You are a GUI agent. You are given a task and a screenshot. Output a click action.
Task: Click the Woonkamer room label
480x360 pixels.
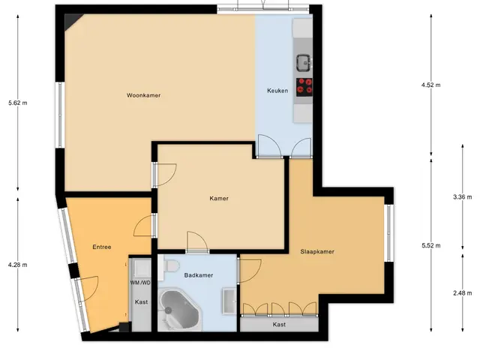tap(143, 95)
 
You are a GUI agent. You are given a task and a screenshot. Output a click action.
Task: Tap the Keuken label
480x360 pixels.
tap(277, 91)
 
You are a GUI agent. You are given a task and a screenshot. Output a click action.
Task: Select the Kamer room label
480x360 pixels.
tap(219, 198)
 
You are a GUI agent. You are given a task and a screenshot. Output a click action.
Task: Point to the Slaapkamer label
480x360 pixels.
tap(317, 252)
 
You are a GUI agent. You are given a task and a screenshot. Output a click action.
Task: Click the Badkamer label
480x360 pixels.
tap(199, 275)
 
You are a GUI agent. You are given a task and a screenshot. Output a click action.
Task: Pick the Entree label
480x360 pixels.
tap(102, 247)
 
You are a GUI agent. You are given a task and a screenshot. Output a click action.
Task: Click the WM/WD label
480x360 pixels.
tap(140, 283)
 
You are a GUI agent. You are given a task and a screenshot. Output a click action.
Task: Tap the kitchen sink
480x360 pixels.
tap(304, 63)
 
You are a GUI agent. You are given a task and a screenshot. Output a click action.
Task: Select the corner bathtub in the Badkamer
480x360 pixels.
tap(179, 310)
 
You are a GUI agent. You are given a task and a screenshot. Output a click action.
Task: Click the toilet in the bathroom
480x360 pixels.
tap(170, 265)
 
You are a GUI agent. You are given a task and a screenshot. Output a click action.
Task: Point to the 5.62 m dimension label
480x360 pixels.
tap(18, 103)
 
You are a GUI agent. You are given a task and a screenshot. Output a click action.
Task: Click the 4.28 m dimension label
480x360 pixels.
tap(18, 265)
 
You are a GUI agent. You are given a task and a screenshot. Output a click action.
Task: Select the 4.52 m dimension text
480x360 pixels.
tap(431, 85)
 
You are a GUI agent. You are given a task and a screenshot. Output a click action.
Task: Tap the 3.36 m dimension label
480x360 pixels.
tap(463, 197)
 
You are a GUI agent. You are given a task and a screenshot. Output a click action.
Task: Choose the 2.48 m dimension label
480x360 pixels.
tap(463, 293)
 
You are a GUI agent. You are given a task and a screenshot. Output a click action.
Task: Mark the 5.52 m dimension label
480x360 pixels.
tap(431, 245)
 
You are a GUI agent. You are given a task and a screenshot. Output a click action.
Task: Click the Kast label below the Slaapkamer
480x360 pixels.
tap(279, 325)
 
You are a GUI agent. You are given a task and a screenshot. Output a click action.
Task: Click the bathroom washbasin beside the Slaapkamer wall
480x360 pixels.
tap(229, 301)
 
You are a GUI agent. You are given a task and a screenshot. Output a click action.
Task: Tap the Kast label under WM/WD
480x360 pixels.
tap(142, 302)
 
